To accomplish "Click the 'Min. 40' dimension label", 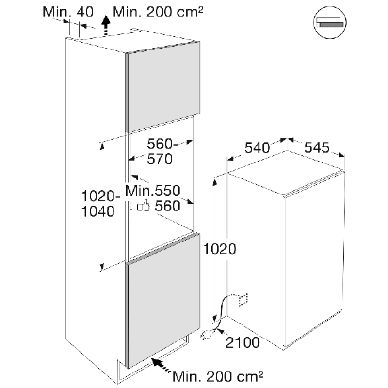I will point(67,12).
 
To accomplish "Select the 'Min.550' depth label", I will point(153,191).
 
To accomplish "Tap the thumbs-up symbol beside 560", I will point(143,207).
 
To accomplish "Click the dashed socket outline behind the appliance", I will point(242,299).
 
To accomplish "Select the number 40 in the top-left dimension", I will point(85,12).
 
